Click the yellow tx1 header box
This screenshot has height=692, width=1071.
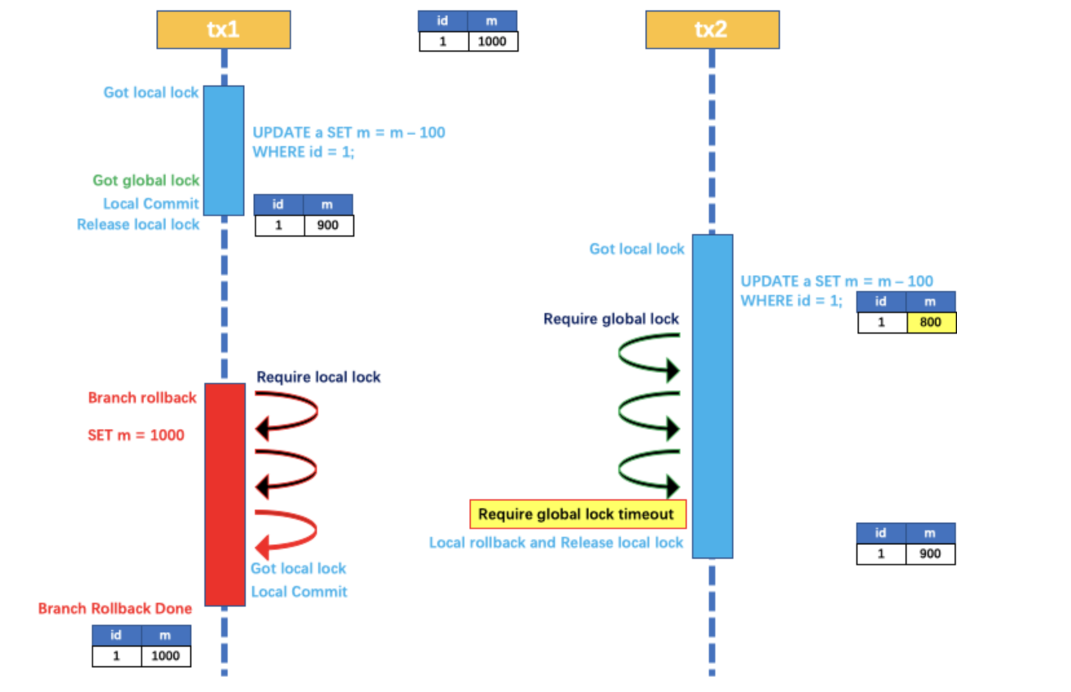[x=223, y=30]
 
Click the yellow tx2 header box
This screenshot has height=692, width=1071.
[x=712, y=30]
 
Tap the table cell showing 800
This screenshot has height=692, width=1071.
[x=931, y=322]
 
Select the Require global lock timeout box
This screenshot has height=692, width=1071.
[x=577, y=514]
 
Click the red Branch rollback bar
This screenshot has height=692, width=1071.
[x=224, y=494]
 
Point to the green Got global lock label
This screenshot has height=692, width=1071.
[x=146, y=180]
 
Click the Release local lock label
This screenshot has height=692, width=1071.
[x=138, y=224]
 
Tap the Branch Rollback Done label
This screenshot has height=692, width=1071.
[x=114, y=609]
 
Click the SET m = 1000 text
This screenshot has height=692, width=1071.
[x=136, y=435]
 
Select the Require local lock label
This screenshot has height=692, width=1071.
[x=318, y=377]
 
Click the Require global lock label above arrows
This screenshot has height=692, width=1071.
[x=611, y=319]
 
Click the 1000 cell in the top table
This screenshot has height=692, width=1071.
[x=492, y=41]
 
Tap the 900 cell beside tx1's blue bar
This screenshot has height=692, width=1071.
[x=328, y=225]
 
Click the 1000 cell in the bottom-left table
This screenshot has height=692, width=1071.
[x=166, y=656]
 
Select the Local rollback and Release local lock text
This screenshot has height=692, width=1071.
[x=556, y=543]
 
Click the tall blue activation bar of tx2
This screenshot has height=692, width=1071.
[x=712, y=396]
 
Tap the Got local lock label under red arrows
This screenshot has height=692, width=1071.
[x=298, y=568]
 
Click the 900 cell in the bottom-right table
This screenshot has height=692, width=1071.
[x=930, y=554]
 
